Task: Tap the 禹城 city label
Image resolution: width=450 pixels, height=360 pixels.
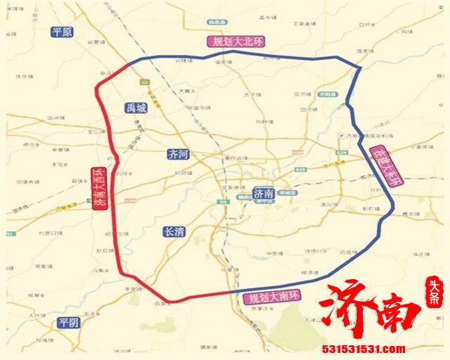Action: click(137, 108)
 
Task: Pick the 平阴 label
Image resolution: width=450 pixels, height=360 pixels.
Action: click(69, 323)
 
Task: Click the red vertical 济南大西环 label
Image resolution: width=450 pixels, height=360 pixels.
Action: click(96, 189)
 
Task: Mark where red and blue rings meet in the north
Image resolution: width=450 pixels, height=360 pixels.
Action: click(131, 65)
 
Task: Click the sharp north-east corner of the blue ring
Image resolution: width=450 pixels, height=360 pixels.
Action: click(359, 68)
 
